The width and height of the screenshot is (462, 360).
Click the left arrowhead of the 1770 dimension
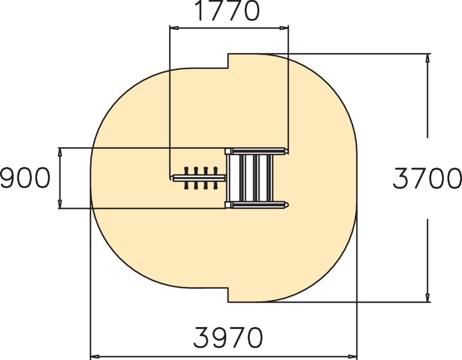174,28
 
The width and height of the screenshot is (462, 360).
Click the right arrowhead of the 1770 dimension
284,28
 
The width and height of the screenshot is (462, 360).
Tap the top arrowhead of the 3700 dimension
427,58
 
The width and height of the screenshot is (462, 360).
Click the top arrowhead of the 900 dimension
60,152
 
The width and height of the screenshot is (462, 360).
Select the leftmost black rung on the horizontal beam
187,178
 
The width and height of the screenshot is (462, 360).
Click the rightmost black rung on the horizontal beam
216,178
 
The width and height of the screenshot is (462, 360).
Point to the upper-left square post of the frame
228,151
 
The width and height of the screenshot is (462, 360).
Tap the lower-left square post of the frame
228,204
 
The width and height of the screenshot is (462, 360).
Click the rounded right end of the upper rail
286,151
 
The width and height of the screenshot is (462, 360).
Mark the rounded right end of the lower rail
286,204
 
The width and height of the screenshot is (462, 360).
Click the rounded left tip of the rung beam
172,177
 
